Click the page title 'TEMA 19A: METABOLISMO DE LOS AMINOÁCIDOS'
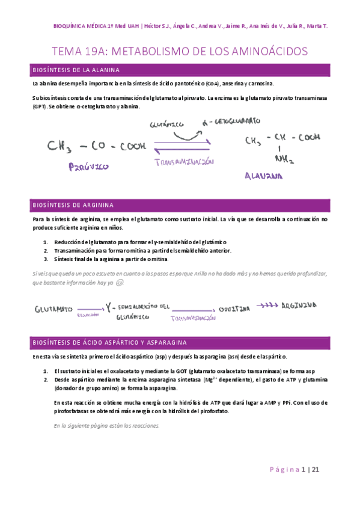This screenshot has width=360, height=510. pos(180,52)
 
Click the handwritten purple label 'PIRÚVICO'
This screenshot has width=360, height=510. pos(88,167)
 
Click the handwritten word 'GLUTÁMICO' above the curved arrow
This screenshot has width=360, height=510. pos(166,124)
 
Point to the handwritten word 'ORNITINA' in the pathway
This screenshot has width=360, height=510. pos(234,308)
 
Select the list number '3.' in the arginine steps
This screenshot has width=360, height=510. pos(46,259)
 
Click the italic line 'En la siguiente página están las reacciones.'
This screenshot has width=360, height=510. pos(106,425)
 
